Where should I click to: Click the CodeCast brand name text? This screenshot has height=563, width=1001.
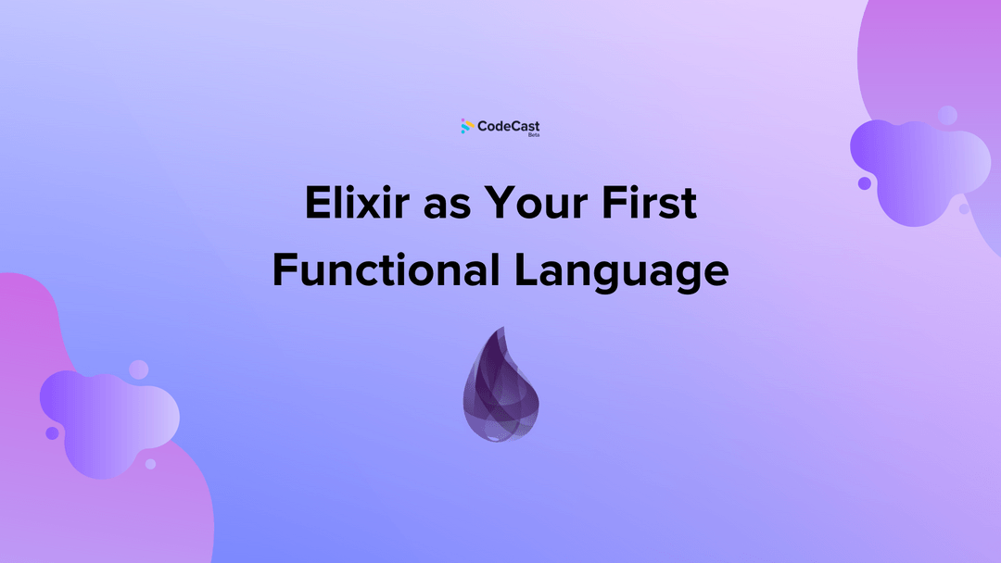[508, 125]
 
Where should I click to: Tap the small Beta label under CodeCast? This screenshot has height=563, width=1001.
[534, 135]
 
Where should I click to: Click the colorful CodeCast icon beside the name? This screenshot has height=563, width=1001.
[467, 126]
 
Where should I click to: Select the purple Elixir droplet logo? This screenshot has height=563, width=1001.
[500, 384]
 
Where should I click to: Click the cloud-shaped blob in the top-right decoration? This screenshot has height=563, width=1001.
[918, 171]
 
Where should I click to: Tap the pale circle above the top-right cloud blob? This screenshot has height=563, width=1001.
[947, 115]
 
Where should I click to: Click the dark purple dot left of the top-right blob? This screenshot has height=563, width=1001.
[864, 183]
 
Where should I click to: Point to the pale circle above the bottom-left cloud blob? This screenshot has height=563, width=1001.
[138, 369]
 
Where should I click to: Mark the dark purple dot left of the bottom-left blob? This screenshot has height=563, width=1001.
[52, 432]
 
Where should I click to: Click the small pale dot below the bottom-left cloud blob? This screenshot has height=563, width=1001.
[150, 464]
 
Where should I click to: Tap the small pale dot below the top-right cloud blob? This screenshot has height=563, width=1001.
[964, 209]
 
